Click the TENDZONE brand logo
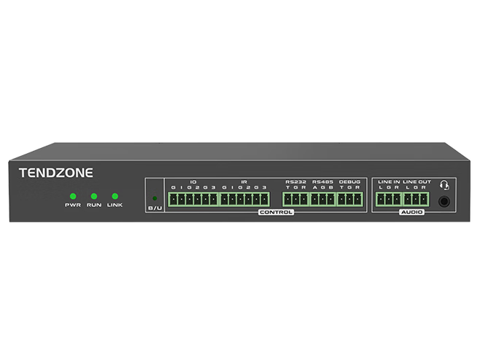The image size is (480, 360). click(55, 173)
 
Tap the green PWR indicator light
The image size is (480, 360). click(72, 196)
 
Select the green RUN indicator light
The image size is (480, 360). click(93, 196)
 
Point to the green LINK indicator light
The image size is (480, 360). click(115, 196)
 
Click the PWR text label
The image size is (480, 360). click(72, 206)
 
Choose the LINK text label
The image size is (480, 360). click(115, 206)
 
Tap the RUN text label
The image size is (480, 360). click(93, 206)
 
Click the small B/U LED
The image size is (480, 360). click(154, 198)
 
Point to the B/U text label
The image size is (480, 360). click(155, 209)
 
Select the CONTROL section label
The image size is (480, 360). click(276, 212)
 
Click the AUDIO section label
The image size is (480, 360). click(411, 212)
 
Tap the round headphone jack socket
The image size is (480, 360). click(443, 202)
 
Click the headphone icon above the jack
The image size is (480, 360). click(444, 184)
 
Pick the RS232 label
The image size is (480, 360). click(296, 181)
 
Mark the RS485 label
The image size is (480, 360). click(322, 181)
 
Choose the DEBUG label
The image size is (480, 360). click(350, 181)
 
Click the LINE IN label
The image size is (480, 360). click(388, 181)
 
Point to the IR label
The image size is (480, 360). click(244, 181)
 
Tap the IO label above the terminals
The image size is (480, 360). click(193, 181)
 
